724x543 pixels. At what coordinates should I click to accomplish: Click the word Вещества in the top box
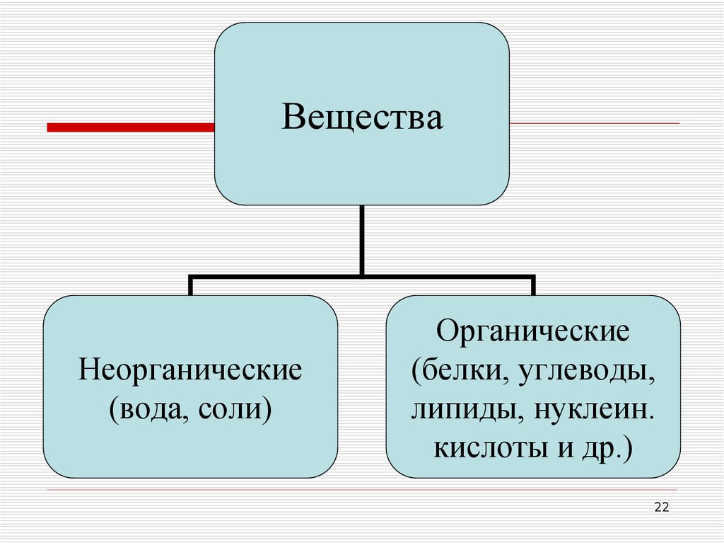pos(362,118)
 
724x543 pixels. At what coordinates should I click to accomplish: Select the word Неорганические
pos(191,371)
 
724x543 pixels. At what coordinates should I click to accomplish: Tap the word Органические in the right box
pos(533,331)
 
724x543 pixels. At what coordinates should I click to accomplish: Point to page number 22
pos(662,507)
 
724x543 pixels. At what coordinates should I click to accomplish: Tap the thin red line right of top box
pos(594,124)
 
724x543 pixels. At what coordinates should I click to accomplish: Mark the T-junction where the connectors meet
pos(362,275)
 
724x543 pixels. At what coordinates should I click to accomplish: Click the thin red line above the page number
pos(362,490)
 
